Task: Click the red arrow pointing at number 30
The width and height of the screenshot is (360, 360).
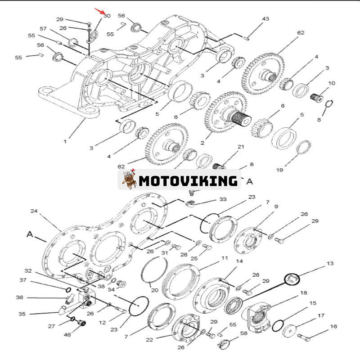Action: [99, 11]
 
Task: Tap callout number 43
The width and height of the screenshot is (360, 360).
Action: [265, 19]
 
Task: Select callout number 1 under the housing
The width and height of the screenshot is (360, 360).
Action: [65, 141]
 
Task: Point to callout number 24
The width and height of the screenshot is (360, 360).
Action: [34, 211]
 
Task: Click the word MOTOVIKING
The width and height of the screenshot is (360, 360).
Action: [188, 181]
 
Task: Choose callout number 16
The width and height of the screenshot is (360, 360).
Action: [333, 326]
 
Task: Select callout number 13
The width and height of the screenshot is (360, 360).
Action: [330, 263]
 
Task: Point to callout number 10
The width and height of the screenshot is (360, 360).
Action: [332, 83]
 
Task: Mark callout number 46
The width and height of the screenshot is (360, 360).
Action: [67, 335]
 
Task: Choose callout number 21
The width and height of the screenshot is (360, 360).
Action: [241, 147]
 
